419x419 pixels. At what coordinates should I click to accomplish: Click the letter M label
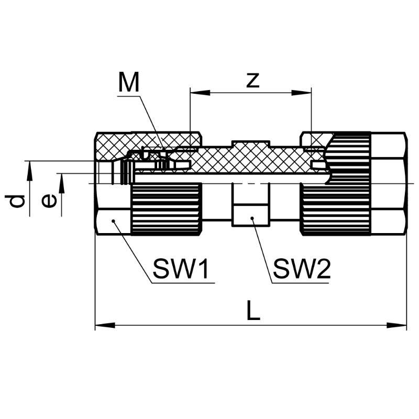click(x=129, y=82)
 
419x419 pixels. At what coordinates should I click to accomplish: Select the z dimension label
click(x=252, y=80)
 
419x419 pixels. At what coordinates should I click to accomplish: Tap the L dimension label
click(x=253, y=312)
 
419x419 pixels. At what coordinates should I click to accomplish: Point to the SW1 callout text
click(x=181, y=270)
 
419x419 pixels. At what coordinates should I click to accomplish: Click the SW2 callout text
click(x=302, y=270)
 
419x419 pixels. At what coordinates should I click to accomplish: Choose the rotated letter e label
click(x=49, y=201)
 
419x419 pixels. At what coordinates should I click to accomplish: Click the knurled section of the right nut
click(x=335, y=208)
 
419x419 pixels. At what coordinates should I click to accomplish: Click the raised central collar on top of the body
click(x=251, y=144)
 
